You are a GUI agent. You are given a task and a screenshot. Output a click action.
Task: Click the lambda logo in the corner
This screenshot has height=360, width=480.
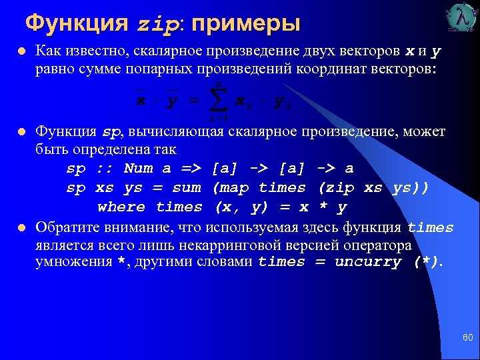click(461, 18)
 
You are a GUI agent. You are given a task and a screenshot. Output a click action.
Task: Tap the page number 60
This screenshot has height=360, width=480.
click(467, 338)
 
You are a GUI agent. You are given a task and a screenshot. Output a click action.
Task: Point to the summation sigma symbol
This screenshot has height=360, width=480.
click(217, 101)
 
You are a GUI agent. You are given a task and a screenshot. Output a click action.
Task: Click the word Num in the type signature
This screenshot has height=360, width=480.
click(139, 169)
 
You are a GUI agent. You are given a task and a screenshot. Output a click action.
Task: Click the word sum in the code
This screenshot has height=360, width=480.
click(187, 188)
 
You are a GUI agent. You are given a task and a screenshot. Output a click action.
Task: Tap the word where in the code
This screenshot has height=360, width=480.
click(121, 207)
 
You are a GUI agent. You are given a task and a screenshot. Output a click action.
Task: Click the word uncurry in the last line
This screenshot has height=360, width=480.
click(367, 262)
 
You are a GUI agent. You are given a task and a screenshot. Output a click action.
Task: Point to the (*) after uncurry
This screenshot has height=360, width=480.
click(427, 262)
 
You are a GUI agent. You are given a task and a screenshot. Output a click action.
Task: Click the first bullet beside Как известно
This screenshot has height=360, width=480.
click(22, 51)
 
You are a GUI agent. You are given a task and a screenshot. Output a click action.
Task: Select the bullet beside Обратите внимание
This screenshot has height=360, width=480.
click(22, 227)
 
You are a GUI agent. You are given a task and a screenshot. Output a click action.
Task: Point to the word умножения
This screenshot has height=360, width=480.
click(73, 262)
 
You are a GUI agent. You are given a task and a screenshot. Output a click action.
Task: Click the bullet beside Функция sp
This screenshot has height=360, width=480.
click(22, 131)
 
